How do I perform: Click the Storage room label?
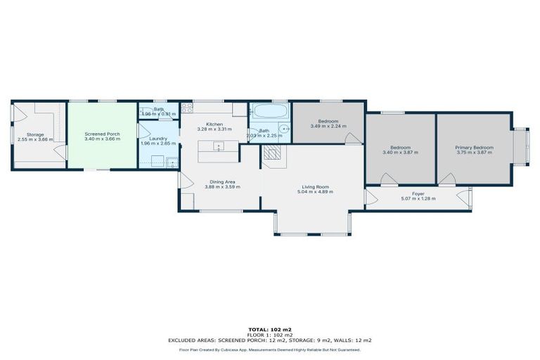pos(35,134)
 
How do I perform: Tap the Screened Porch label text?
pos(102,134)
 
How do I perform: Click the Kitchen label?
pos(214,124)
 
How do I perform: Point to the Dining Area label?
pos(219,181)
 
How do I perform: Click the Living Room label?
pos(313,186)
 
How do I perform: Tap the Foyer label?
pos(418,193)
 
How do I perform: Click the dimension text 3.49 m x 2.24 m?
pos(328,126)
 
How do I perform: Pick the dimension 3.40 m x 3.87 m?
pos(400,152)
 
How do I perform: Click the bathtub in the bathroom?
pos(269,111)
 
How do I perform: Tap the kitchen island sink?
pos(219,147)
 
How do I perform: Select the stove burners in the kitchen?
pos(187,108)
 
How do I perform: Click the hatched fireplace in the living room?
pos(273,154)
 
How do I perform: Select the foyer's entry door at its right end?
pos(463,198)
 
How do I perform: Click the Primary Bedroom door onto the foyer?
pos(444,180)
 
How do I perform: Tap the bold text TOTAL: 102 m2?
pos(269,329)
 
